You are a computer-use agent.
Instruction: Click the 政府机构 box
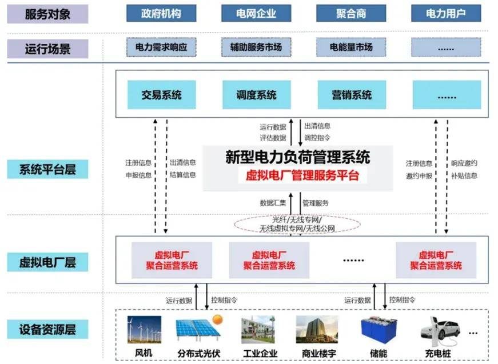(x=161, y=13)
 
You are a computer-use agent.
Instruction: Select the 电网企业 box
(x=256, y=13)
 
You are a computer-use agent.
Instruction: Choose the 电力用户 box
(x=446, y=13)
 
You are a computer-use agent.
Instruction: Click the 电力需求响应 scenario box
(x=161, y=47)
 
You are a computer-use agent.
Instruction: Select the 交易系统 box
(x=161, y=95)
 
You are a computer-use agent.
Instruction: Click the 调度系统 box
(x=256, y=95)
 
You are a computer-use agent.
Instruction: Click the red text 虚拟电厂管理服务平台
(x=302, y=175)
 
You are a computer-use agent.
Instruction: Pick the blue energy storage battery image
(x=375, y=329)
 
